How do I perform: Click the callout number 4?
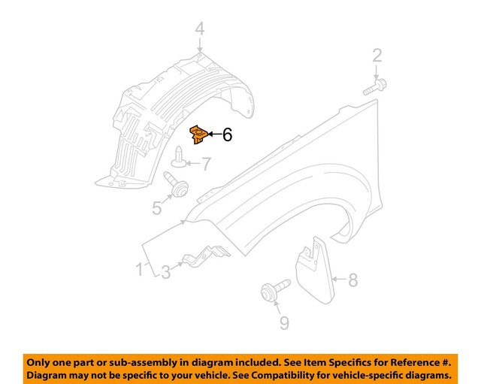pyautogui.click(x=199, y=30)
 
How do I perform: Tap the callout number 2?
pyautogui.click(x=377, y=54)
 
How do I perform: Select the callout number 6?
pyautogui.click(x=227, y=135)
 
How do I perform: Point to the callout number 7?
pyautogui.click(x=205, y=162)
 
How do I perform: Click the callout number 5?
pyautogui.click(x=157, y=207)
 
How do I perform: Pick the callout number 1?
pyautogui.click(x=140, y=269)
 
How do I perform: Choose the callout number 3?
pyautogui.click(x=165, y=272)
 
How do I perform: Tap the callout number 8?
pyautogui.click(x=353, y=281)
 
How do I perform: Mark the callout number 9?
pyautogui.click(x=283, y=323)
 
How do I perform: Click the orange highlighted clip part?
pyautogui.click(x=198, y=135)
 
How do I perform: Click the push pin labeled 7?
pyautogui.click(x=179, y=159)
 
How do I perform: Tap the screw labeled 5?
pyautogui.click(x=175, y=184)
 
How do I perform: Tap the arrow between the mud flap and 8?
pyautogui.click(x=339, y=281)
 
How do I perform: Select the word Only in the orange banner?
pyautogui.click(x=41, y=361)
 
